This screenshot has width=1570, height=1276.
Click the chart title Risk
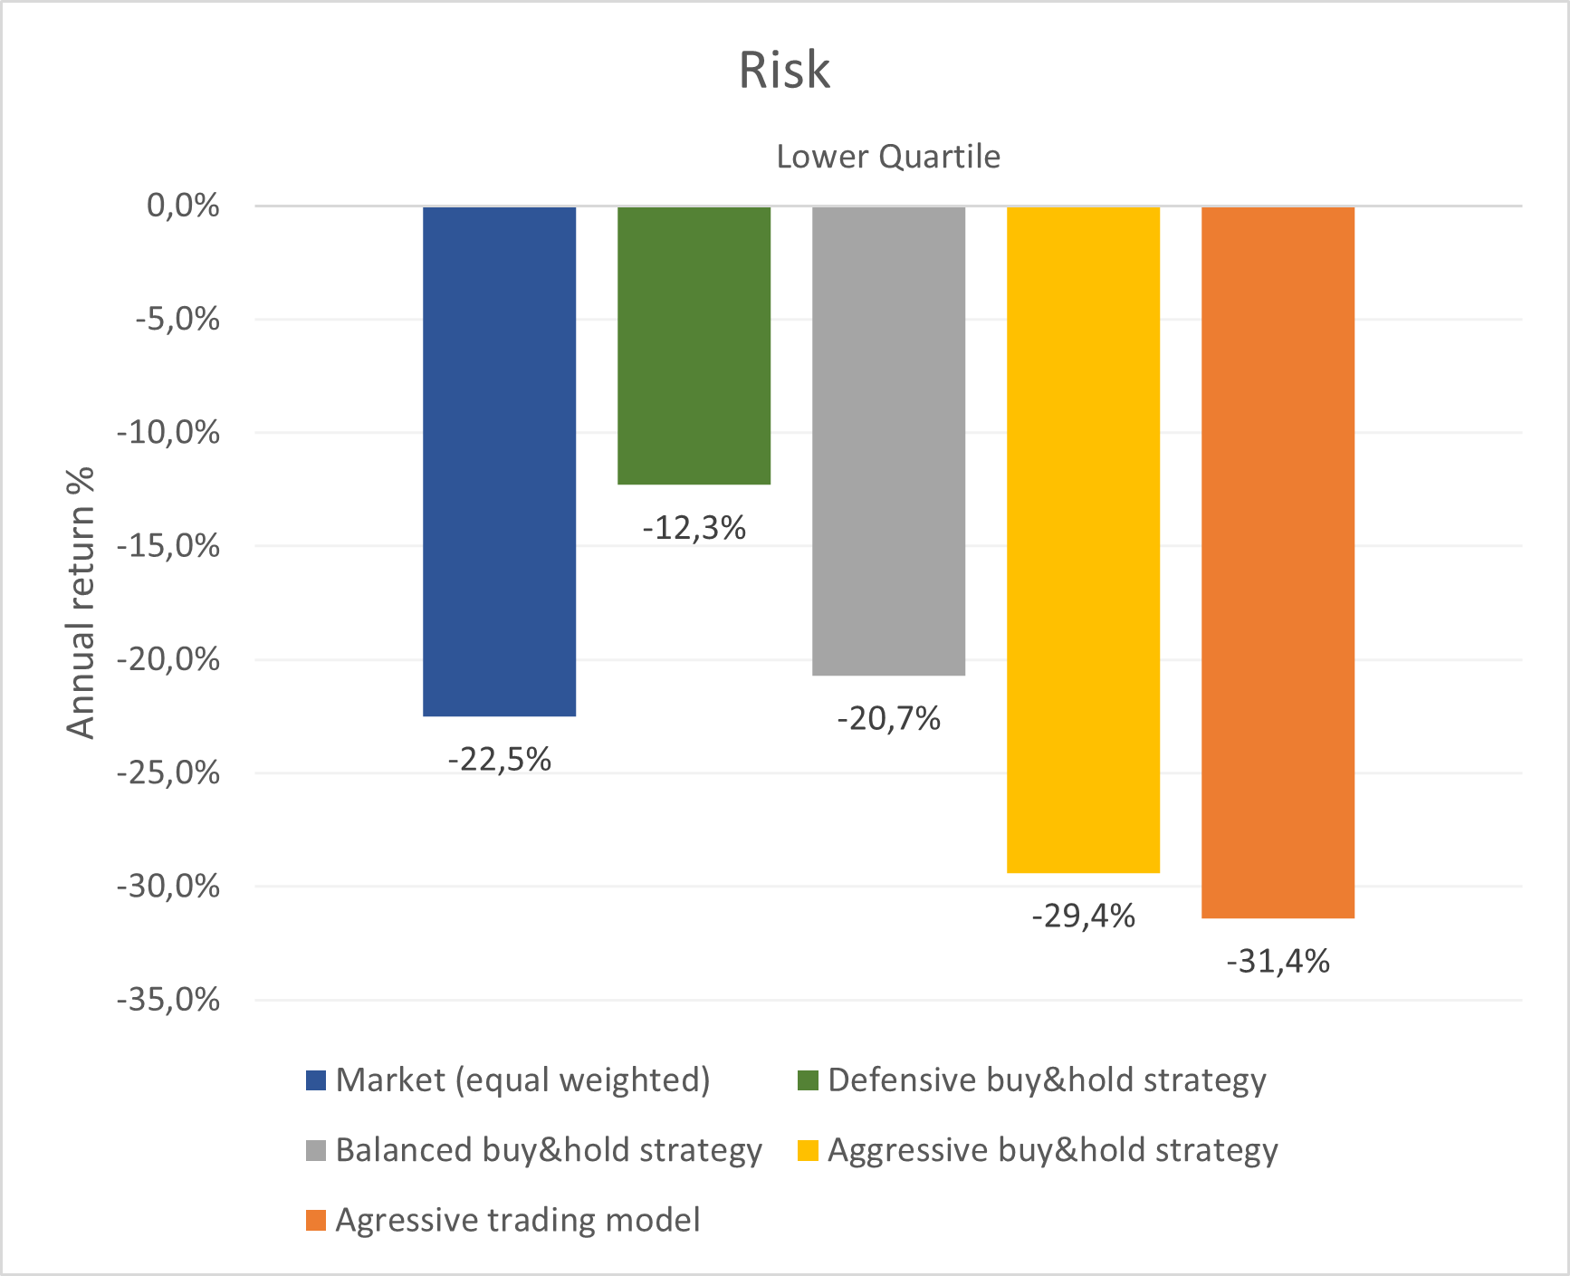784,70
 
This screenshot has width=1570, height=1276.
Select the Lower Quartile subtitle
888,157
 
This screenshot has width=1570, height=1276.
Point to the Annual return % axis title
81,602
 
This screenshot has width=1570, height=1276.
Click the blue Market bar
500,461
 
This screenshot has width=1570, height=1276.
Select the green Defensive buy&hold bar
694,345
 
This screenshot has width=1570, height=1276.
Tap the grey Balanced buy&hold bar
888,440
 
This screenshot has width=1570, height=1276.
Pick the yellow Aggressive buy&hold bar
1083,540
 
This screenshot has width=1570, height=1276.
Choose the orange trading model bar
1278,562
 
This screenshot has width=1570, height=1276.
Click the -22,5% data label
500,759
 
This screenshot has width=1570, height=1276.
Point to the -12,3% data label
694,527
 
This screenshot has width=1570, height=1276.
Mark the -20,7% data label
888,718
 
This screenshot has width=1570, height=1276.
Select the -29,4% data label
1083,916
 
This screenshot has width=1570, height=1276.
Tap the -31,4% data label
1278,961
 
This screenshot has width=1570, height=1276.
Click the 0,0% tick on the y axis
183,206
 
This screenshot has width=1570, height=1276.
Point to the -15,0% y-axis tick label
168,546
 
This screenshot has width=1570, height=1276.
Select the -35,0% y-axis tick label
168,1000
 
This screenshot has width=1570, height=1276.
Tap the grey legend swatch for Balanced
316,1150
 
